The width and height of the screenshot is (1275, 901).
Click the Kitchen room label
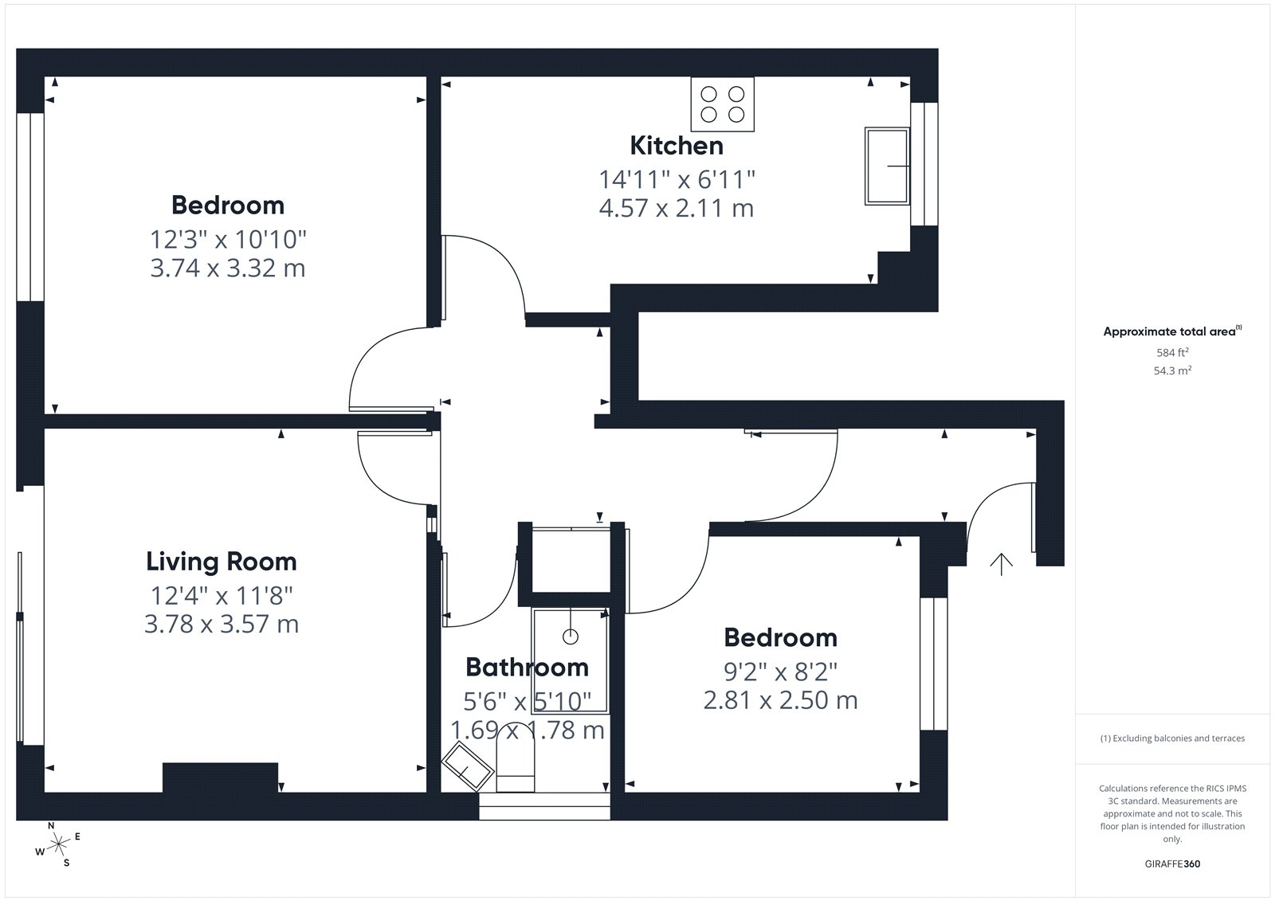coord(677,146)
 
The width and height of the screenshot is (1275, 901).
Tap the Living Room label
coord(222,562)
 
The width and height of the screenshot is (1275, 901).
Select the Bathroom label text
coord(527,667)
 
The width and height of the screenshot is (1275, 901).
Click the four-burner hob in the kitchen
coord(722,104)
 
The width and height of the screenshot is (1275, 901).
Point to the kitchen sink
coord(887,166)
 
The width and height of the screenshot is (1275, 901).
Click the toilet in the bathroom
coord(515,762)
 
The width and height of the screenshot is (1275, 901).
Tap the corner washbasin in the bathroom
coord(467,766)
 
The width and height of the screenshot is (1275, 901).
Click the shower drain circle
coord(571,637)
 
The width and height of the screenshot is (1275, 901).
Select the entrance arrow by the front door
coord(1001,564)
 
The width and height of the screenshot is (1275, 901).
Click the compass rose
coord(58,844)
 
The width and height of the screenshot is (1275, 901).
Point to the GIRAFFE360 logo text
coord(1172,864)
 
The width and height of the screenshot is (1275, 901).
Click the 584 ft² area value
coord(1172,352)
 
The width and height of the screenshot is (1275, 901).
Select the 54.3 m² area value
coord(1172,370)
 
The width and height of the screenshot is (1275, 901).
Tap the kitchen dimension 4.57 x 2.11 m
coord(677,208)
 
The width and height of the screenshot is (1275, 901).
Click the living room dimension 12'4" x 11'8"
coord(222,596)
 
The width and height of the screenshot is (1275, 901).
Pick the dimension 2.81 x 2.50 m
coord(780,700)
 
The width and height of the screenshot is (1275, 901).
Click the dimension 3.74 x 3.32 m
coord(228,268)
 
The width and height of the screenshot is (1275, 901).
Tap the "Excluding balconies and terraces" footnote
coord(1172,738)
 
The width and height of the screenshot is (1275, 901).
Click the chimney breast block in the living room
coord(220,778)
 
